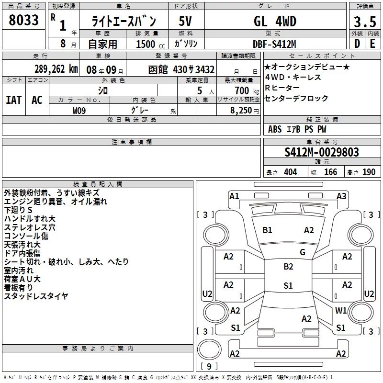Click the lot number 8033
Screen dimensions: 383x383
[x=23, y=20]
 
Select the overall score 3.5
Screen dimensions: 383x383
[x=365, y=22]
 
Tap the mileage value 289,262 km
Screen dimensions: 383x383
[x=56, y=69]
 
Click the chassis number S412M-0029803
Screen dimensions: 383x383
[x=322, y=152]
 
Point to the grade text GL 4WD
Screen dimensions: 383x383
[x=275, y=21]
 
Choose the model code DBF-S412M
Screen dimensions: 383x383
[x=274, y=44]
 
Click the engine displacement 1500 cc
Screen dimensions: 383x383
[x=150, y=44]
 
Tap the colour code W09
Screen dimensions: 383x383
[x=79, y=111]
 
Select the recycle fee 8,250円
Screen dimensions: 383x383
[x=245, y=111]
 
